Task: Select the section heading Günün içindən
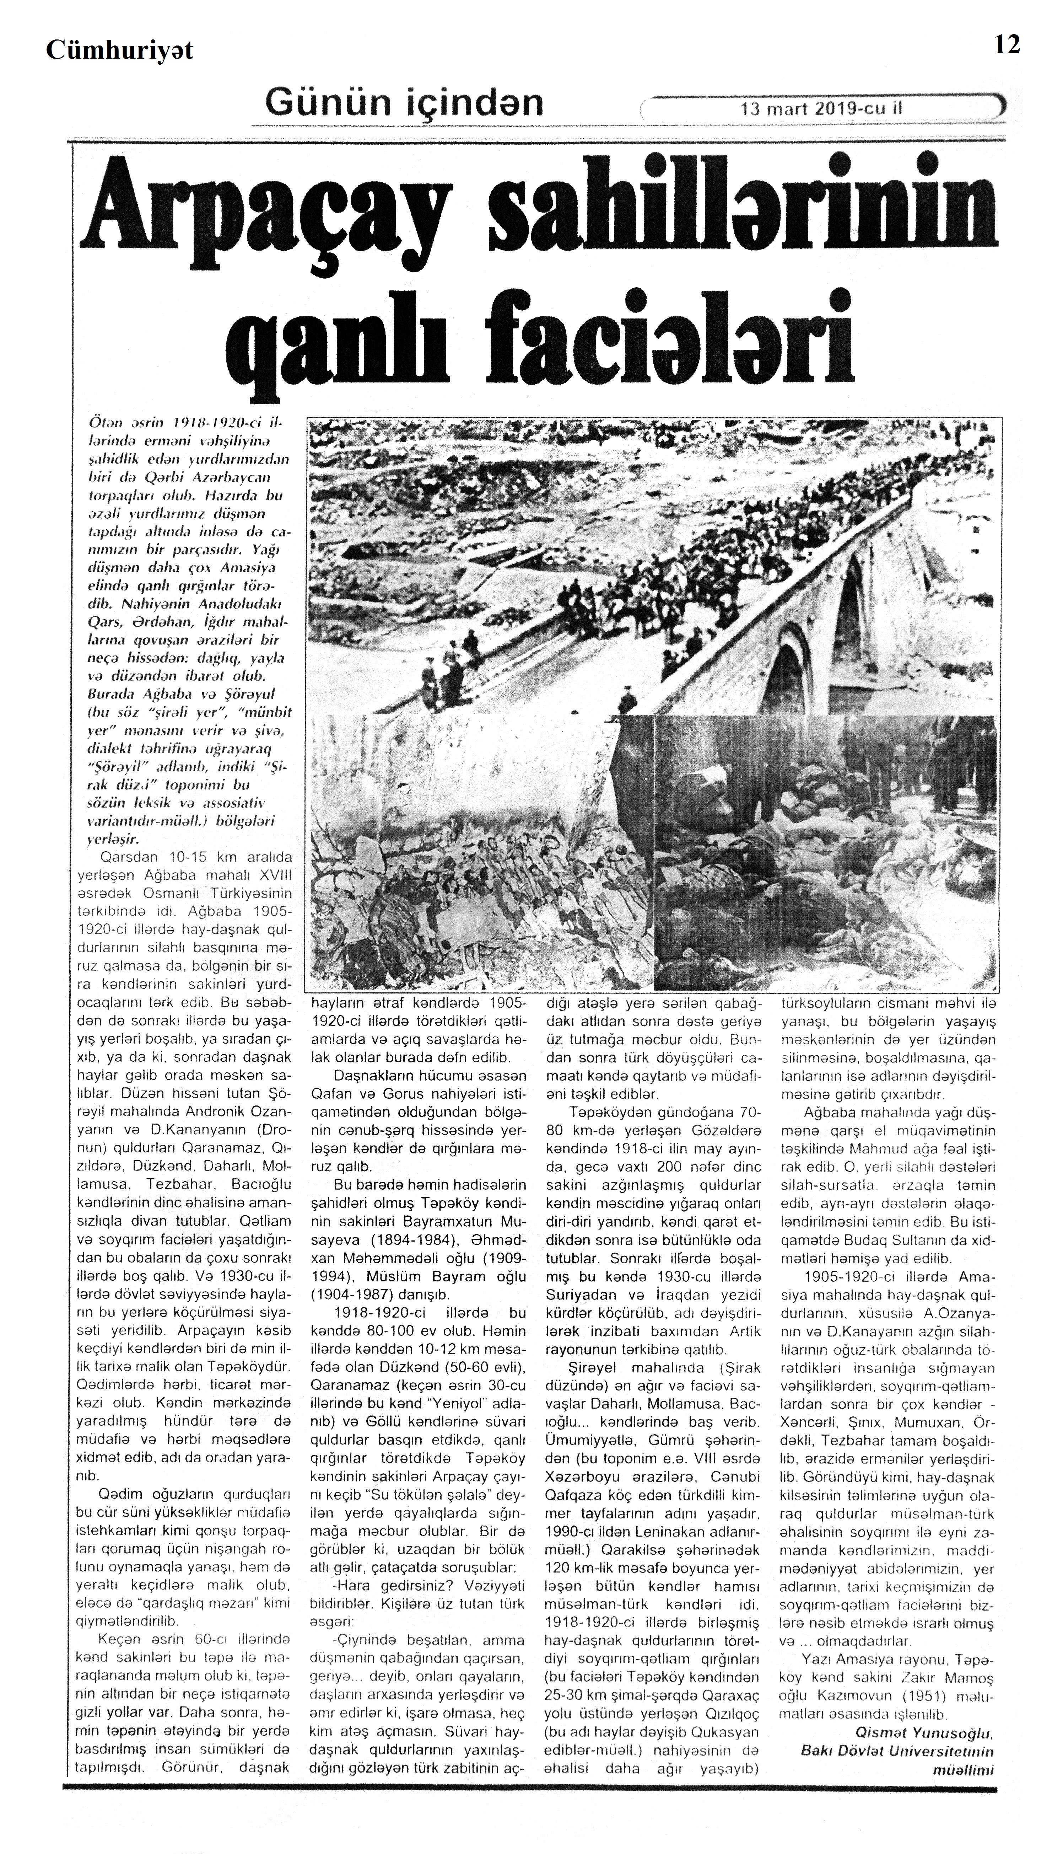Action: click(404, 103)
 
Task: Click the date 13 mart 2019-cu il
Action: click(821, 109)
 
